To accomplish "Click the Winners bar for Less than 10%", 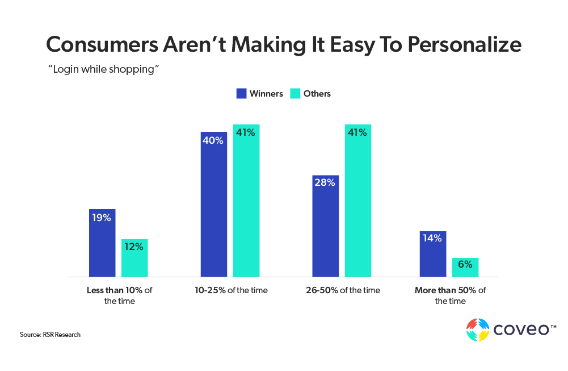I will pos(102,243).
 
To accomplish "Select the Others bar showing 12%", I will pos(134,258).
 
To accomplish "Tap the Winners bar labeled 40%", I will pos(214,205).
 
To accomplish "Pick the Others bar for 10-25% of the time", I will pos(246,201).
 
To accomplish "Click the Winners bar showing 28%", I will pos(326,226).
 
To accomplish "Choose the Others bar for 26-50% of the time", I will pos(358,201).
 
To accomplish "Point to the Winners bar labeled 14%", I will pos(433,254).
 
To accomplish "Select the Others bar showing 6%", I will pos(465,268).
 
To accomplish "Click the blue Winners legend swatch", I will pos(241,94).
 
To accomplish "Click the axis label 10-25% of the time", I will pos(230,290).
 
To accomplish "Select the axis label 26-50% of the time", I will pos(342,290).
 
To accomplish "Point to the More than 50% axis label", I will pos(450,295).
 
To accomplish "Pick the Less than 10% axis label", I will pos(119,295).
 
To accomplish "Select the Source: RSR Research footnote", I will pos(50,335).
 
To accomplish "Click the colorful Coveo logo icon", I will pos(477,330).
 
